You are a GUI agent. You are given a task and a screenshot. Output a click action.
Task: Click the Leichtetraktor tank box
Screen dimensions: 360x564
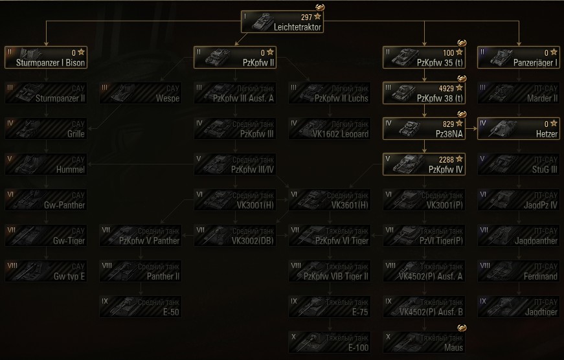click(282, 21)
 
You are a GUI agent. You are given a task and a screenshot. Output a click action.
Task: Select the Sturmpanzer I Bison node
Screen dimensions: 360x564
click(45, 57)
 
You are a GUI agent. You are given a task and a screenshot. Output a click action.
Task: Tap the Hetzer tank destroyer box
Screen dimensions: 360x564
click(518, 128)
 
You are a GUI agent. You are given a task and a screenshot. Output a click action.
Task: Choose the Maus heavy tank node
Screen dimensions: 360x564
click(424, 341)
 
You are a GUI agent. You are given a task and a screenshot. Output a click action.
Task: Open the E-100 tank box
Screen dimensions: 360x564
click(330, 341)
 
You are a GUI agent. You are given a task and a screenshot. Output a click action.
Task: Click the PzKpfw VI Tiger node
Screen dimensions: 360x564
click(330, 234)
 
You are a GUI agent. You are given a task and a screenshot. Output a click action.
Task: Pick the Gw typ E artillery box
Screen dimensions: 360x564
click(45, 271)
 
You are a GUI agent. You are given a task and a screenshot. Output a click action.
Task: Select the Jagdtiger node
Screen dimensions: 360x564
click(518, 306)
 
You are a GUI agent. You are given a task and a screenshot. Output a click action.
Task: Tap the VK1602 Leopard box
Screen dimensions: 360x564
click(330, 128)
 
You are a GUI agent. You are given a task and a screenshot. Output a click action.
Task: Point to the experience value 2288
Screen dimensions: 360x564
click(446, 158)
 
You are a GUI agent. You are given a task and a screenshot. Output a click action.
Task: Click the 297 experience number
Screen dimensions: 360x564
click(306, 16)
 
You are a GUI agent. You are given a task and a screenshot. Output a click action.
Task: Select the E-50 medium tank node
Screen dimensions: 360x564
click(141, 306)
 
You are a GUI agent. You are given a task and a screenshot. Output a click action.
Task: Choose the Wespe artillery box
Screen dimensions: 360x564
click(141, 93)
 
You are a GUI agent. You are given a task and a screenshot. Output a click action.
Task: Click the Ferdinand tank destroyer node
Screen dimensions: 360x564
click(518, 271)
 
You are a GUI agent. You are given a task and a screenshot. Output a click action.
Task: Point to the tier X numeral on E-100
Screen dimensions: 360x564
click(294, 335)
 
